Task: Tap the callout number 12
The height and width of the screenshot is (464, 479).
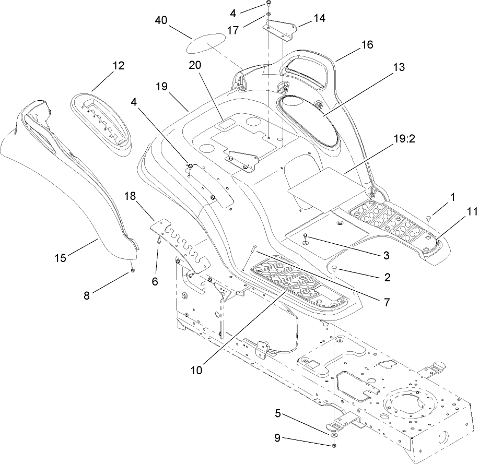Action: pos(118,66)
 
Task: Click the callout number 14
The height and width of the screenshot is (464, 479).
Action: pos(319,18)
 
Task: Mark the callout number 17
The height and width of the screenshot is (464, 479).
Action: pos(233,31)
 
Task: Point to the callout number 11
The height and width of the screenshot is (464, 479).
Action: pos(458,211)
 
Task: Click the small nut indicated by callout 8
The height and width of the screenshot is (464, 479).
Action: pos(133,270)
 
